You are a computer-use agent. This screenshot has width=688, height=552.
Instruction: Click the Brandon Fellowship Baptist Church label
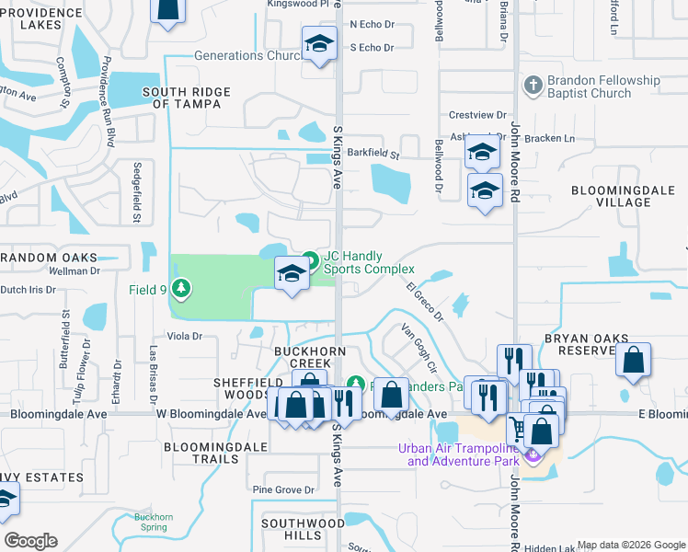pos(603,86)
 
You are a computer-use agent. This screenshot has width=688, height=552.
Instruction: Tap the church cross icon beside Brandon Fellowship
pos(532,86)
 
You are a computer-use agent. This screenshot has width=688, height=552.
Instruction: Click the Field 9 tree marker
pos(182,289)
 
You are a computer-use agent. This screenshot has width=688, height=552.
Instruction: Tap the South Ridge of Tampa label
pos(187,98)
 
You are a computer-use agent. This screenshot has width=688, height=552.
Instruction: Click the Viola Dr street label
pos(184,337)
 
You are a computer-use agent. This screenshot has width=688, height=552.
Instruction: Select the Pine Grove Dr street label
pos(283,490)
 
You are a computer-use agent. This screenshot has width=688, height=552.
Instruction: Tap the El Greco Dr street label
pos(425,302)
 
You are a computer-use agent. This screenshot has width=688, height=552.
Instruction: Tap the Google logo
pos(30,541)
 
